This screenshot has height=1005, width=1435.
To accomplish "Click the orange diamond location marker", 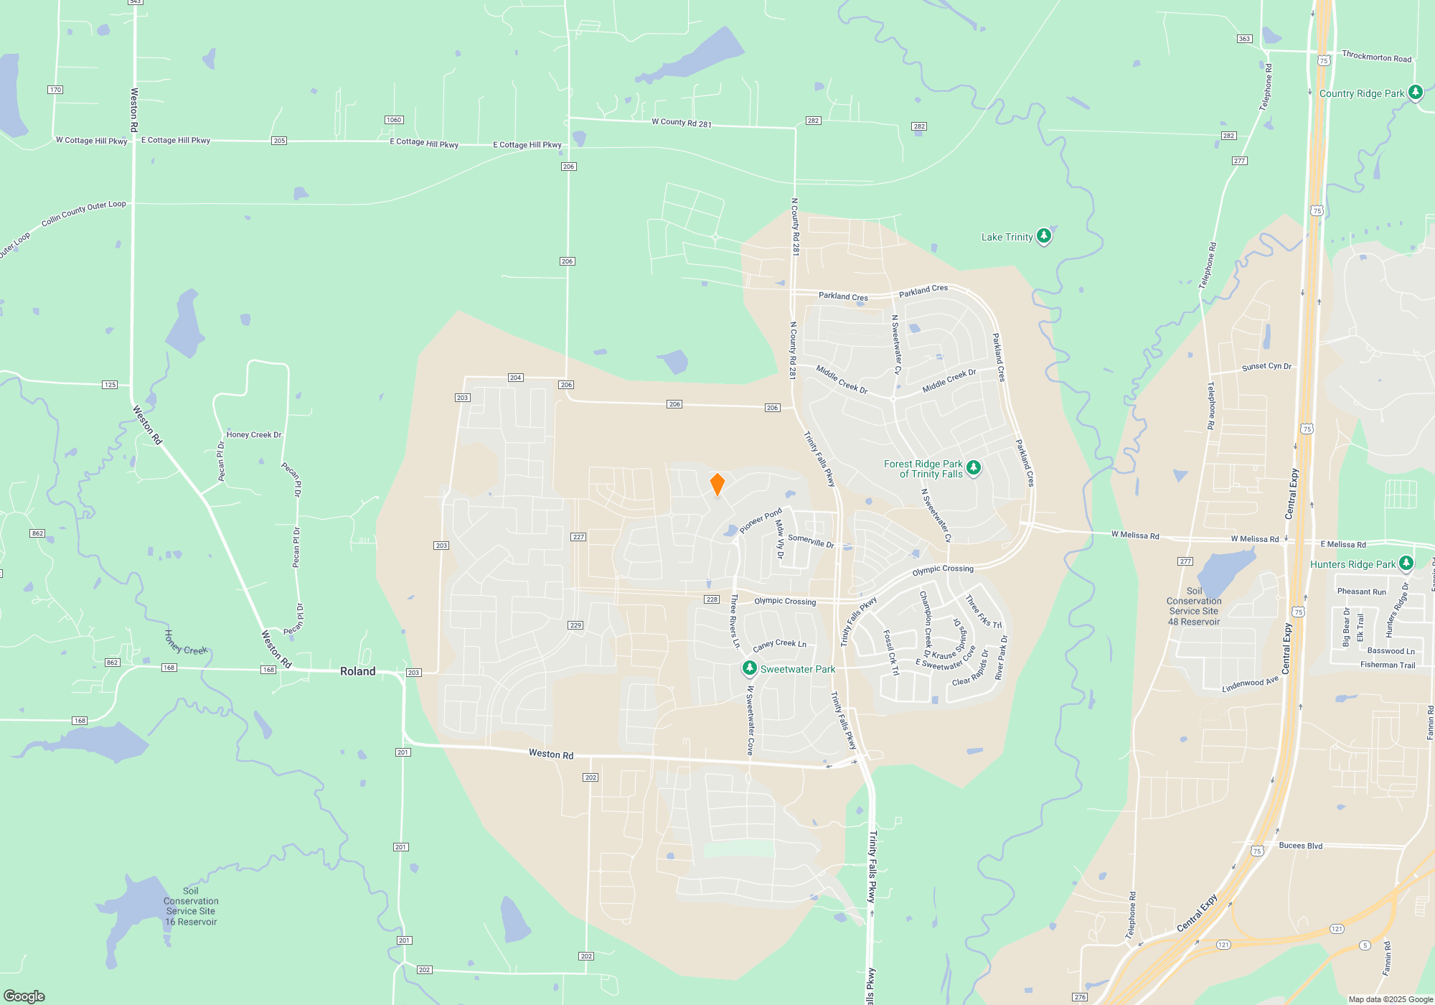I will pos(717,485).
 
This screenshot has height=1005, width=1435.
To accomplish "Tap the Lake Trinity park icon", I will pos(1044,235).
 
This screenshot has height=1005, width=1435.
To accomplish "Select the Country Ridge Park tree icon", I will pos(1415,92).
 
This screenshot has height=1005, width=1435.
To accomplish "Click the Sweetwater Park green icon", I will pos(749,668).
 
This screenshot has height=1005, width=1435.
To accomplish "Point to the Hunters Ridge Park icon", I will pos(1406,564).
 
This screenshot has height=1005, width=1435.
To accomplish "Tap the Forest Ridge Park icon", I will pos(973,468).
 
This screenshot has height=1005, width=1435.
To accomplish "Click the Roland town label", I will pos(357,671).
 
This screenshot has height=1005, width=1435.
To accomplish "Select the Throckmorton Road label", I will pos(1376,57).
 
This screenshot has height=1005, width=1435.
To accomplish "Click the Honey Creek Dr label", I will pos(254,434).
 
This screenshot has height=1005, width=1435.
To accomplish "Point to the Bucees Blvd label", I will pos(1300,846).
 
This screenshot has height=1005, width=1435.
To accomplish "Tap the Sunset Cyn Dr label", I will pos(1266,367).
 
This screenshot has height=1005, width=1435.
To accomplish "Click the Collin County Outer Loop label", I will pos(83,213).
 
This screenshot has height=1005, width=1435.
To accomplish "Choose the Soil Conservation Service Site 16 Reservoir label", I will pos(191,907).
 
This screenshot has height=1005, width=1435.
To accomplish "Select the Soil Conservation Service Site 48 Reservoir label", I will pos(1194,607).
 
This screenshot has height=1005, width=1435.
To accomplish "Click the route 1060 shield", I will pos(394,120).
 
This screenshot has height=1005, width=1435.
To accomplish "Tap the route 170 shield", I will pos(55,90).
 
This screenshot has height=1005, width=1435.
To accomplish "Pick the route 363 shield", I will pos(1244,39).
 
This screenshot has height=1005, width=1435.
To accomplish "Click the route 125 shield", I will pos(110,385).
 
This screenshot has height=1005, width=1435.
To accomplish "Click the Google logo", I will pos(24,996).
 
